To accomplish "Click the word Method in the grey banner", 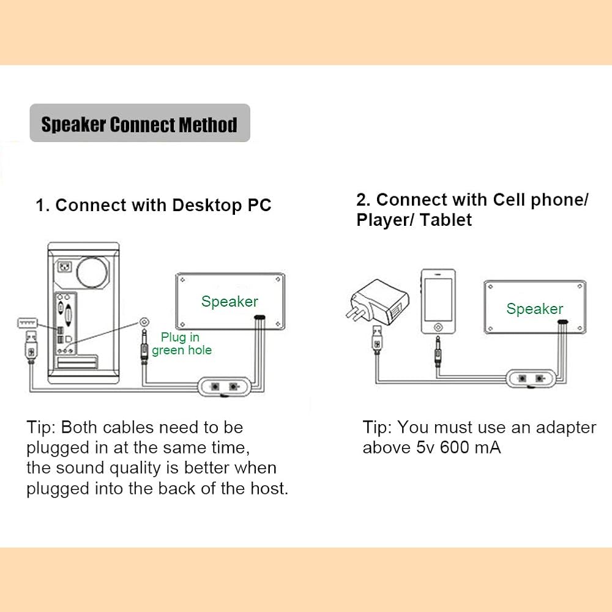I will (207, 125).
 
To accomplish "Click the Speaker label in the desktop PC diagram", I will (229, 301).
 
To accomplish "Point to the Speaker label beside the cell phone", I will (534, 309).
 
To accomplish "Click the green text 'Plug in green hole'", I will (182, 344).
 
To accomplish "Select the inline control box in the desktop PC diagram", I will (223, 387).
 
